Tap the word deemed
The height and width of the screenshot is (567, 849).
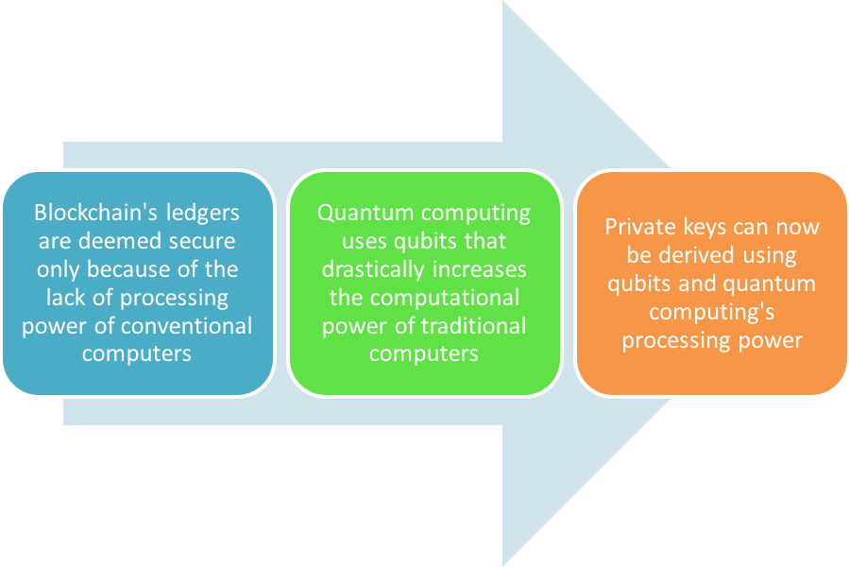pyautogui.click(x=120, y=241)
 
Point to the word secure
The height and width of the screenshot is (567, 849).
pyautogui.click(x=203, y=242)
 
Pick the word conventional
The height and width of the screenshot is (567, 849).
pyautogui.click(x=186, y=326)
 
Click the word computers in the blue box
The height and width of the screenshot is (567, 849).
pyautogui.click(x=136, y=354)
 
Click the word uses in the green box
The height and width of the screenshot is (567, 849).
pyautogui.click(x=364, y=242)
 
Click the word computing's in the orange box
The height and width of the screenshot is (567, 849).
pyautogui.click(x=711, y=313)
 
